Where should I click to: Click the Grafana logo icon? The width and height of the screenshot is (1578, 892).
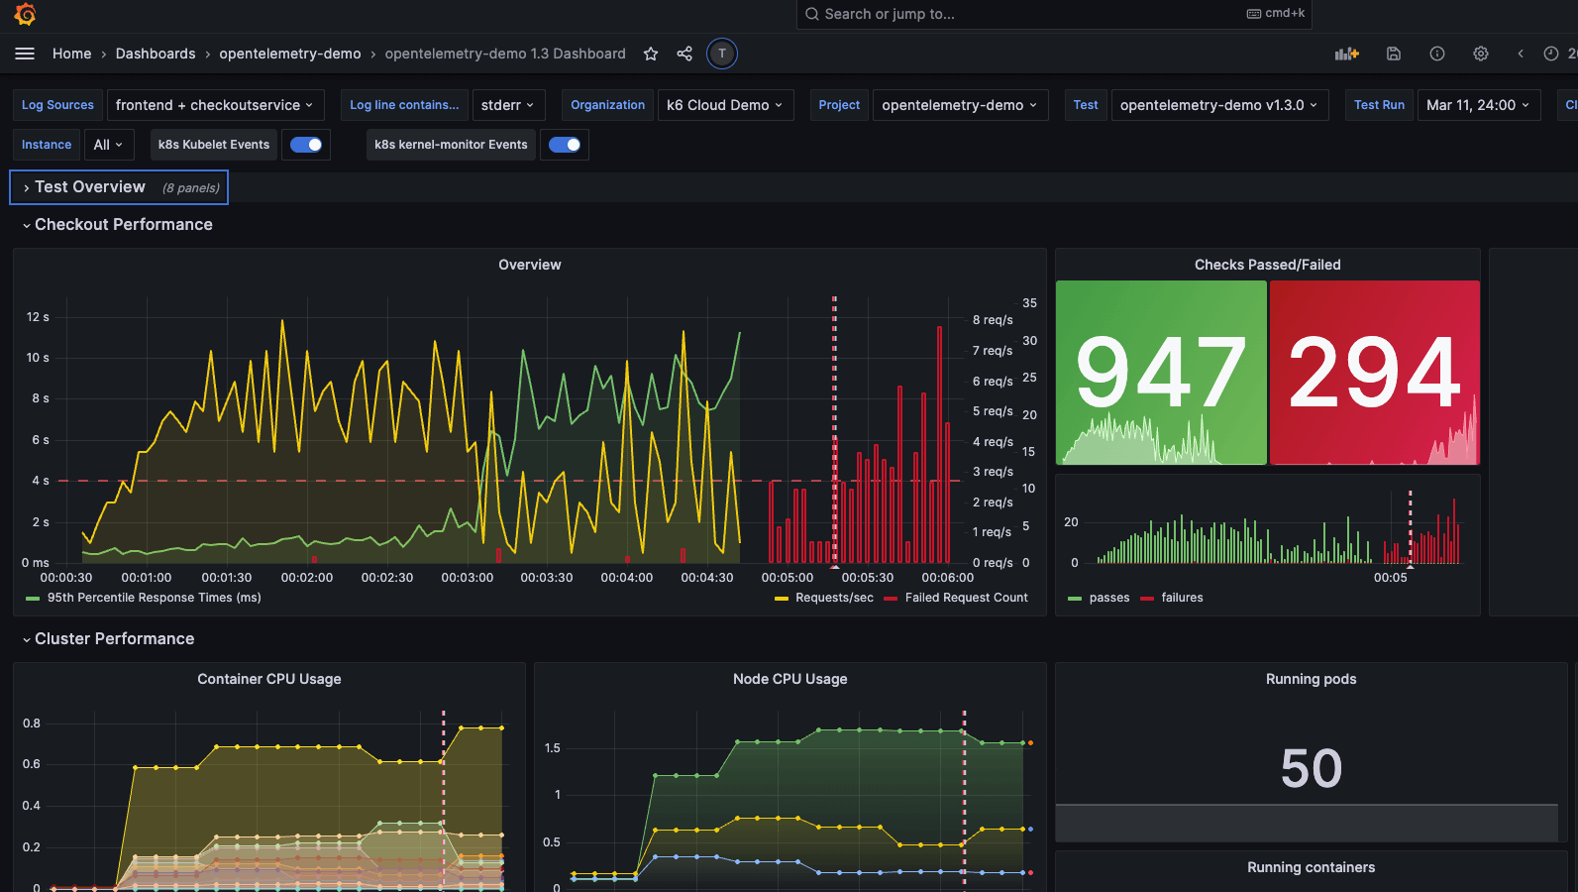26,14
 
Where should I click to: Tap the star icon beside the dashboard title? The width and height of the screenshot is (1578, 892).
651,54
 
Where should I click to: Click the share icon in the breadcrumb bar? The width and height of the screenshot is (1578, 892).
684,54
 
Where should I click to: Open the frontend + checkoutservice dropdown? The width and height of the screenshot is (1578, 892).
215,105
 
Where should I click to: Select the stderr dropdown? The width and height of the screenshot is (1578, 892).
507,105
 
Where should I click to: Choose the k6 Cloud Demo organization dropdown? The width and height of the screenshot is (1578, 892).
725,105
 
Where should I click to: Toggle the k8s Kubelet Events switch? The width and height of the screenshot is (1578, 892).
306,145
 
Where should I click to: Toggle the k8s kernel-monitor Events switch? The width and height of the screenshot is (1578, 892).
565,145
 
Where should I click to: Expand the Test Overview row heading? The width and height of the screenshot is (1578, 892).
90,187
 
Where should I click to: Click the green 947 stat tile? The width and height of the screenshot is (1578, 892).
1161,373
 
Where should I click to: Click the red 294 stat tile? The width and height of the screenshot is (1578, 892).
1375,373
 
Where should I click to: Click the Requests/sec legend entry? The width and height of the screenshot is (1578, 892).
834,598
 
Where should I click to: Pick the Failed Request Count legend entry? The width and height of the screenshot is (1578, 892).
966,598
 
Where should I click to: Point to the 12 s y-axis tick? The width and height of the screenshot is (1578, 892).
38,317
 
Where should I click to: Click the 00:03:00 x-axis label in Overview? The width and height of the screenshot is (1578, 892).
467,578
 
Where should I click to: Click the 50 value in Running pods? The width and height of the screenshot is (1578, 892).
1311,768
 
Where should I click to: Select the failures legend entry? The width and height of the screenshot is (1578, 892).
1182,598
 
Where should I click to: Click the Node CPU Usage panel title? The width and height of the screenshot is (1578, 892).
789,679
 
